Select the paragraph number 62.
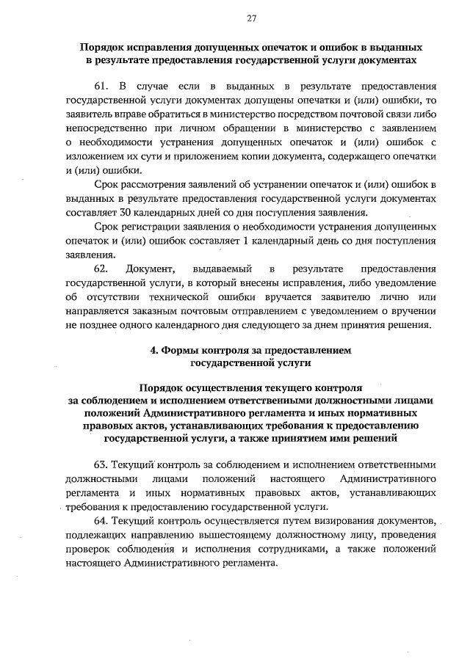pyautogui.click(x=103, y=269)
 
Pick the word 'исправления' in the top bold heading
pyautogui.click(x=159, y=45)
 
